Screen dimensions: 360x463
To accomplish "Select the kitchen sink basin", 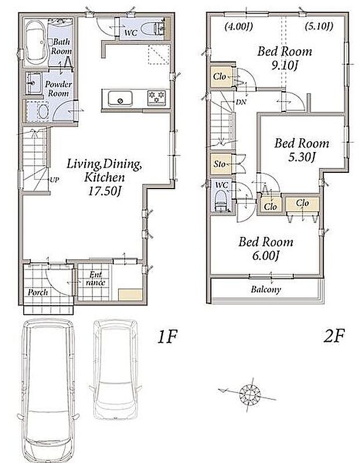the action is pos(120,99).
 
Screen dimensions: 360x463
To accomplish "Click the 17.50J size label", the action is pos(105,191).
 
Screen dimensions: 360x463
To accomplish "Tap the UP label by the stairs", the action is pos(55,179).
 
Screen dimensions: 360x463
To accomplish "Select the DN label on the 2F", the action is pos(241,102).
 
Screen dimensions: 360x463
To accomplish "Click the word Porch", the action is pos(38,292).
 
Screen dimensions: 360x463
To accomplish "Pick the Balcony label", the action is pos(266,290).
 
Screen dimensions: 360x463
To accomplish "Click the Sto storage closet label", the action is pos(219,163).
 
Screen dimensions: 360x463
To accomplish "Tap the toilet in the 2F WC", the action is pos(221,201).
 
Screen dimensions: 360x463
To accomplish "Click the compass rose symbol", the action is pos(250,394).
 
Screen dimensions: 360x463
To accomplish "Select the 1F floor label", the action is pos(167,337).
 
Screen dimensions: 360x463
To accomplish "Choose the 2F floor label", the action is pos(334,336).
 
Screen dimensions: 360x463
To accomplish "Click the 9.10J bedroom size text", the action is pos(284,66).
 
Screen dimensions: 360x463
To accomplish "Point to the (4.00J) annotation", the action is pos(238,27).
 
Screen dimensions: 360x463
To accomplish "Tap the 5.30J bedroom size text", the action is pos(301,157).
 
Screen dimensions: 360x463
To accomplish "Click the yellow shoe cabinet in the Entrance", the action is pos(131,295).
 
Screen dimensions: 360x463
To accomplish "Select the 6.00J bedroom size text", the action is pos(266,255).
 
